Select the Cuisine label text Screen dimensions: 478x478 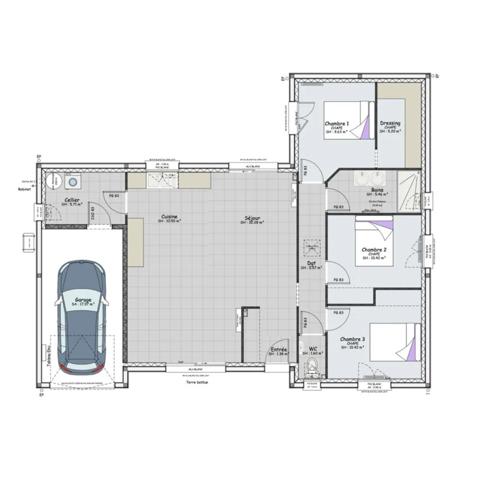click(169, 217)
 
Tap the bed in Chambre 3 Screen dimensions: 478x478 click(401, 342)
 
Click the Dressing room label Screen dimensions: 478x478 click(390, 123)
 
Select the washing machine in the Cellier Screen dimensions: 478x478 click(73, 182)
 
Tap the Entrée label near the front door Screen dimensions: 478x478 click(279, 349)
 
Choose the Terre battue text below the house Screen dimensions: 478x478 click(197, 382)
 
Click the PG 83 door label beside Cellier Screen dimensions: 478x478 click(114, 196)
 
